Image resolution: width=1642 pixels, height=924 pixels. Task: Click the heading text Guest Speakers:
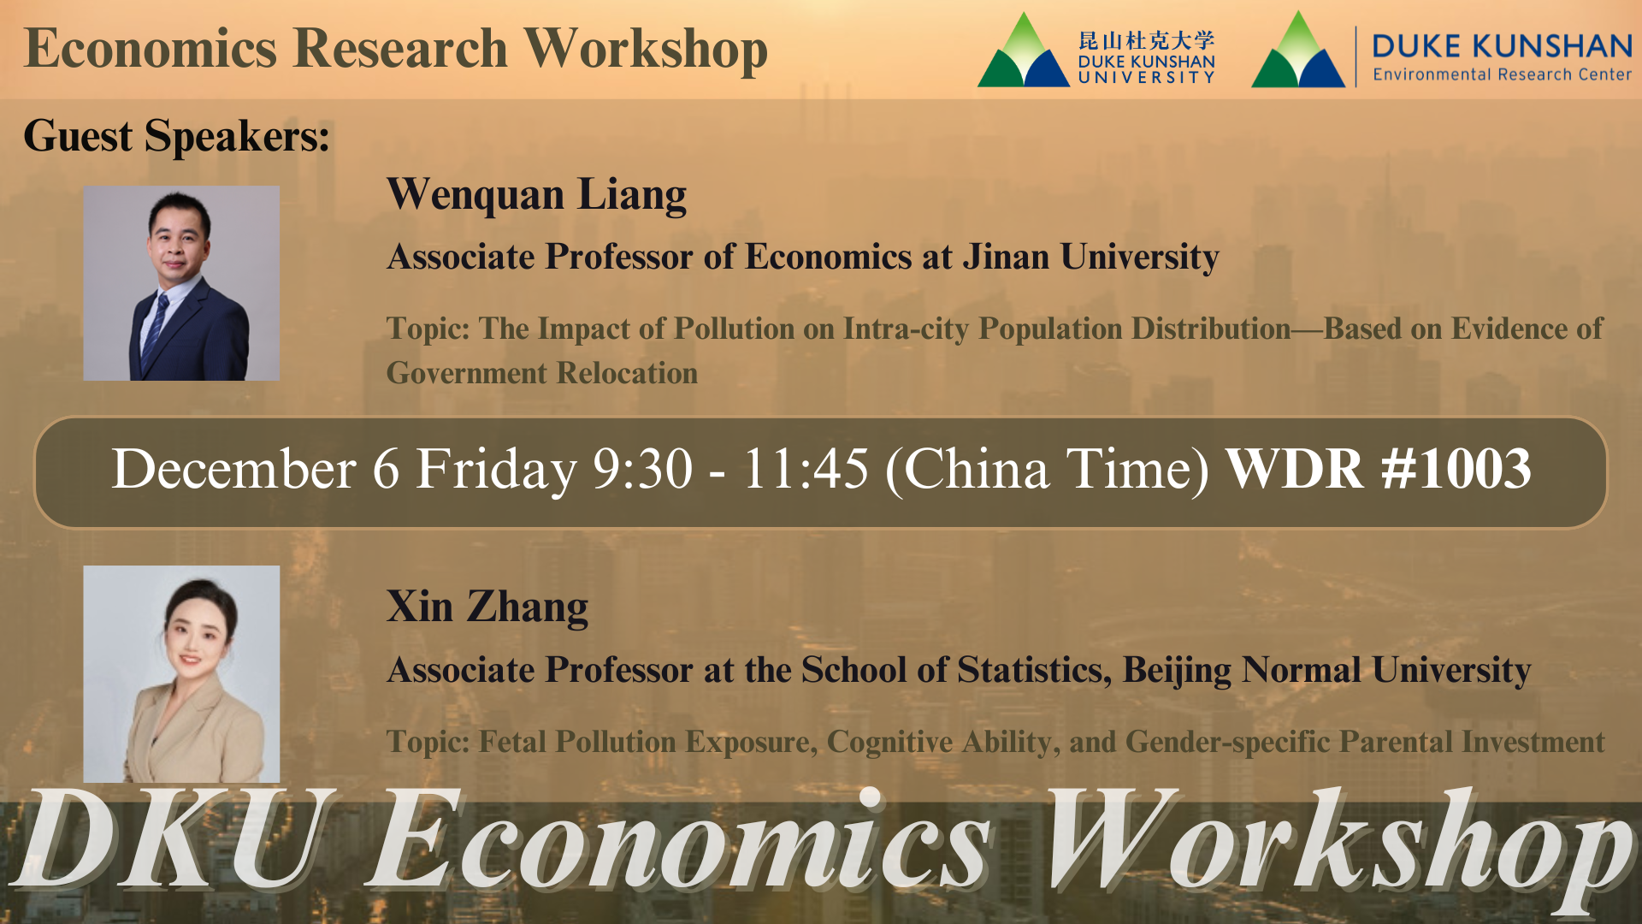[x=176, y=136]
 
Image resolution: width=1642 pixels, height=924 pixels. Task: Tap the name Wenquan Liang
[x=536, y=195]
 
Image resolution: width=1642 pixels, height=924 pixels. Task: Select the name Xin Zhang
[x=487, y=607]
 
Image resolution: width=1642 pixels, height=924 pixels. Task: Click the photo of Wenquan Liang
[x=181, y=283]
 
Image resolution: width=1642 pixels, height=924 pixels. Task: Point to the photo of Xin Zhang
[x=181, y=673]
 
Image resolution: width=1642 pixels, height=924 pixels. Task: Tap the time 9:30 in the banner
[x=642, y=470]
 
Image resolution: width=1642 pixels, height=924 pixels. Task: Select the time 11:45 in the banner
[x=805, y=470]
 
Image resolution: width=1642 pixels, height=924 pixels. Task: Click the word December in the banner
[x=233, y=470]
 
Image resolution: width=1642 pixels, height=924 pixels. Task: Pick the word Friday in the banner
[x=496, y=470]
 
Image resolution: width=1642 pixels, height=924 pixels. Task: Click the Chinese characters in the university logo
[x=1146, y=40]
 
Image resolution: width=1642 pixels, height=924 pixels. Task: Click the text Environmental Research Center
[x=1502, y=75]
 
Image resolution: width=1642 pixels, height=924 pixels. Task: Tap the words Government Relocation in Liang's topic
[x=541, y=374]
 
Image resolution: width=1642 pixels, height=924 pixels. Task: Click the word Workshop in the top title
[x=646, y=50]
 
